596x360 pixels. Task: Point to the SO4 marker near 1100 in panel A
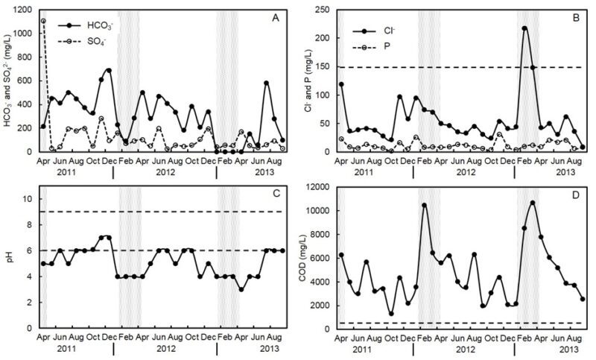(43, 21)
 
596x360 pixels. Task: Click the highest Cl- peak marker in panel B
(524, 28)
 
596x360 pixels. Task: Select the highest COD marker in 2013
(533, 203)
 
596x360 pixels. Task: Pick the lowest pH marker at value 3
(241, 289)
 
